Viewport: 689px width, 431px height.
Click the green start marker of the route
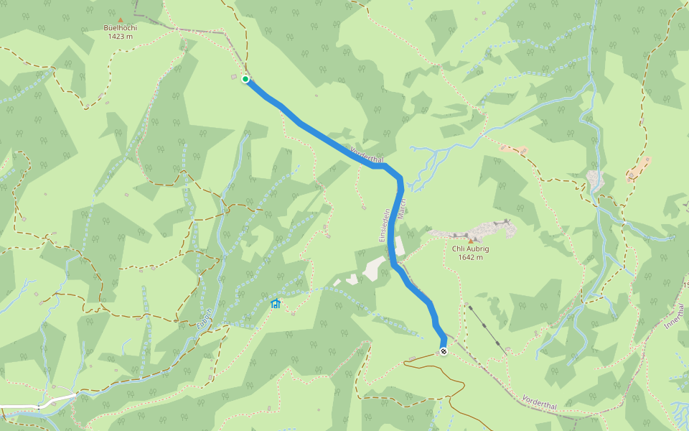pos(245,79)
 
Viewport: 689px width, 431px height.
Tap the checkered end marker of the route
pos(444,351)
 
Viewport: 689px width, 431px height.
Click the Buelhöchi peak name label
pos(120,28)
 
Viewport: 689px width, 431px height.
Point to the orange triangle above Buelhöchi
pos(120,20)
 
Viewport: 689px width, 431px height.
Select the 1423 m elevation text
pos(120,36)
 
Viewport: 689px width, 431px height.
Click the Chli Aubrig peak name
pos(470,249)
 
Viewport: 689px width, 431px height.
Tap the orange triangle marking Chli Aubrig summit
pos(471,241)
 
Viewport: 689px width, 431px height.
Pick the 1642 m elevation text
pos(470,257)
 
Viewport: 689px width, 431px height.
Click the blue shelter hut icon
pos(275,304)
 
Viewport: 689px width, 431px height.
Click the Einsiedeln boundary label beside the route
pos(383,225)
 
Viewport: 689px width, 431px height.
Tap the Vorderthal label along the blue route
pos(367,154)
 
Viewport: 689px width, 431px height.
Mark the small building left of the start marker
pos(234,78)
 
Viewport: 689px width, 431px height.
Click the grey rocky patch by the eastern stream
pos(595,178)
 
